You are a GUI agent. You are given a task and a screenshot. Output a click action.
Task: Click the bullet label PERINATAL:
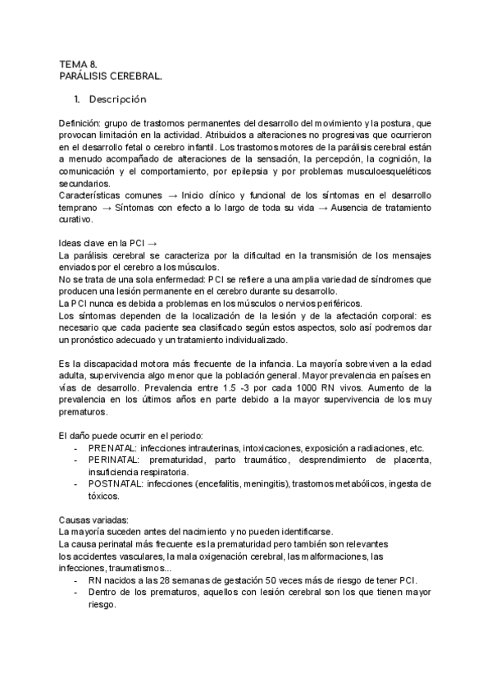tap(112, 460)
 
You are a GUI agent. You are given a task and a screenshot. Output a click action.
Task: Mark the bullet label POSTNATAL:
tap(113, 484)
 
